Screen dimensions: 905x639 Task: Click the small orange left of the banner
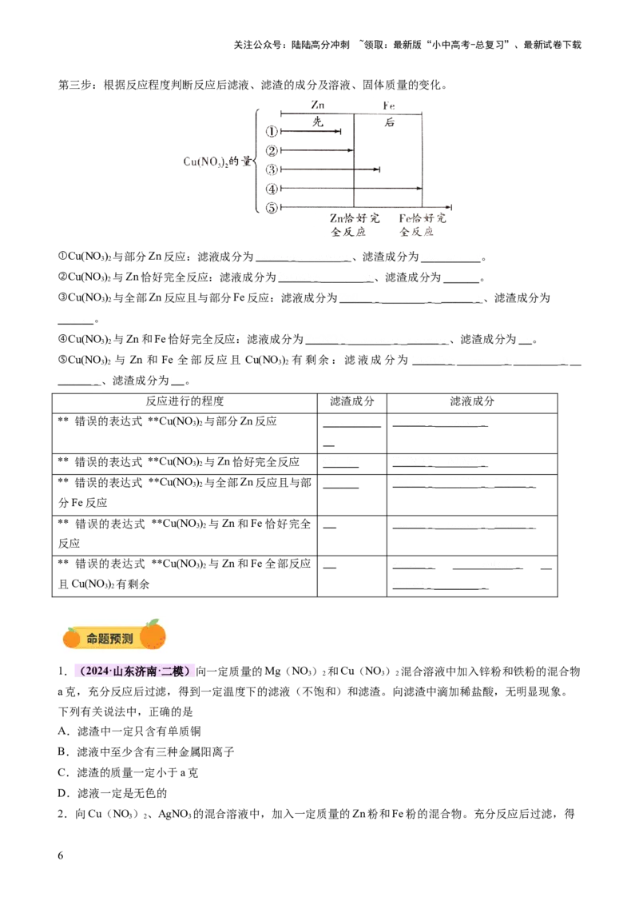[x=72, y=637]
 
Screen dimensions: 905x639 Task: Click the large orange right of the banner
[x=153, y=636]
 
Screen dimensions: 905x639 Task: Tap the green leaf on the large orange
[x=152, y=622]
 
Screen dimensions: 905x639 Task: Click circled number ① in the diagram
[x=273, y=131]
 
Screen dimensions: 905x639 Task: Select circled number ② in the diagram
[x=273, y=150]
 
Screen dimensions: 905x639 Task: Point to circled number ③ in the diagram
[x=273, y=169]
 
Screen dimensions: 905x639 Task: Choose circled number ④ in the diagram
[x=273, y=189]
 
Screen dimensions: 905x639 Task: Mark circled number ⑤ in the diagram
[x=273, y=207]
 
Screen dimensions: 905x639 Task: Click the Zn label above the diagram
[x=318, y=105]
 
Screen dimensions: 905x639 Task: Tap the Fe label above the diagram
[x=389, y=105]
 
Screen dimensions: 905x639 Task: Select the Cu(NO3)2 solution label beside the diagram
[x=217, y=161]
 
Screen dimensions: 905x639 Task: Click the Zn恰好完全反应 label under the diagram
[x=352, y=223]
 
